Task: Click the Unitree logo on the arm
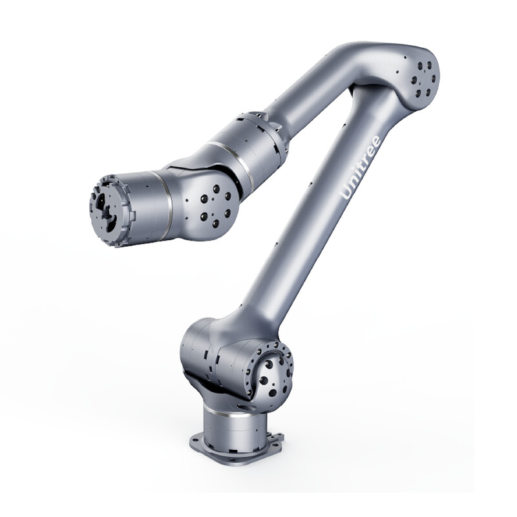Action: pyautogui.click(x=361, y=167)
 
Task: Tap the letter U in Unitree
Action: pyautogui.click(x=346, y=193)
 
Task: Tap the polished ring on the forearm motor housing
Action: pyautogui.click(x=231, y=158)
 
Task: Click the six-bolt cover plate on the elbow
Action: pyautogui.click(x=424, y=79)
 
